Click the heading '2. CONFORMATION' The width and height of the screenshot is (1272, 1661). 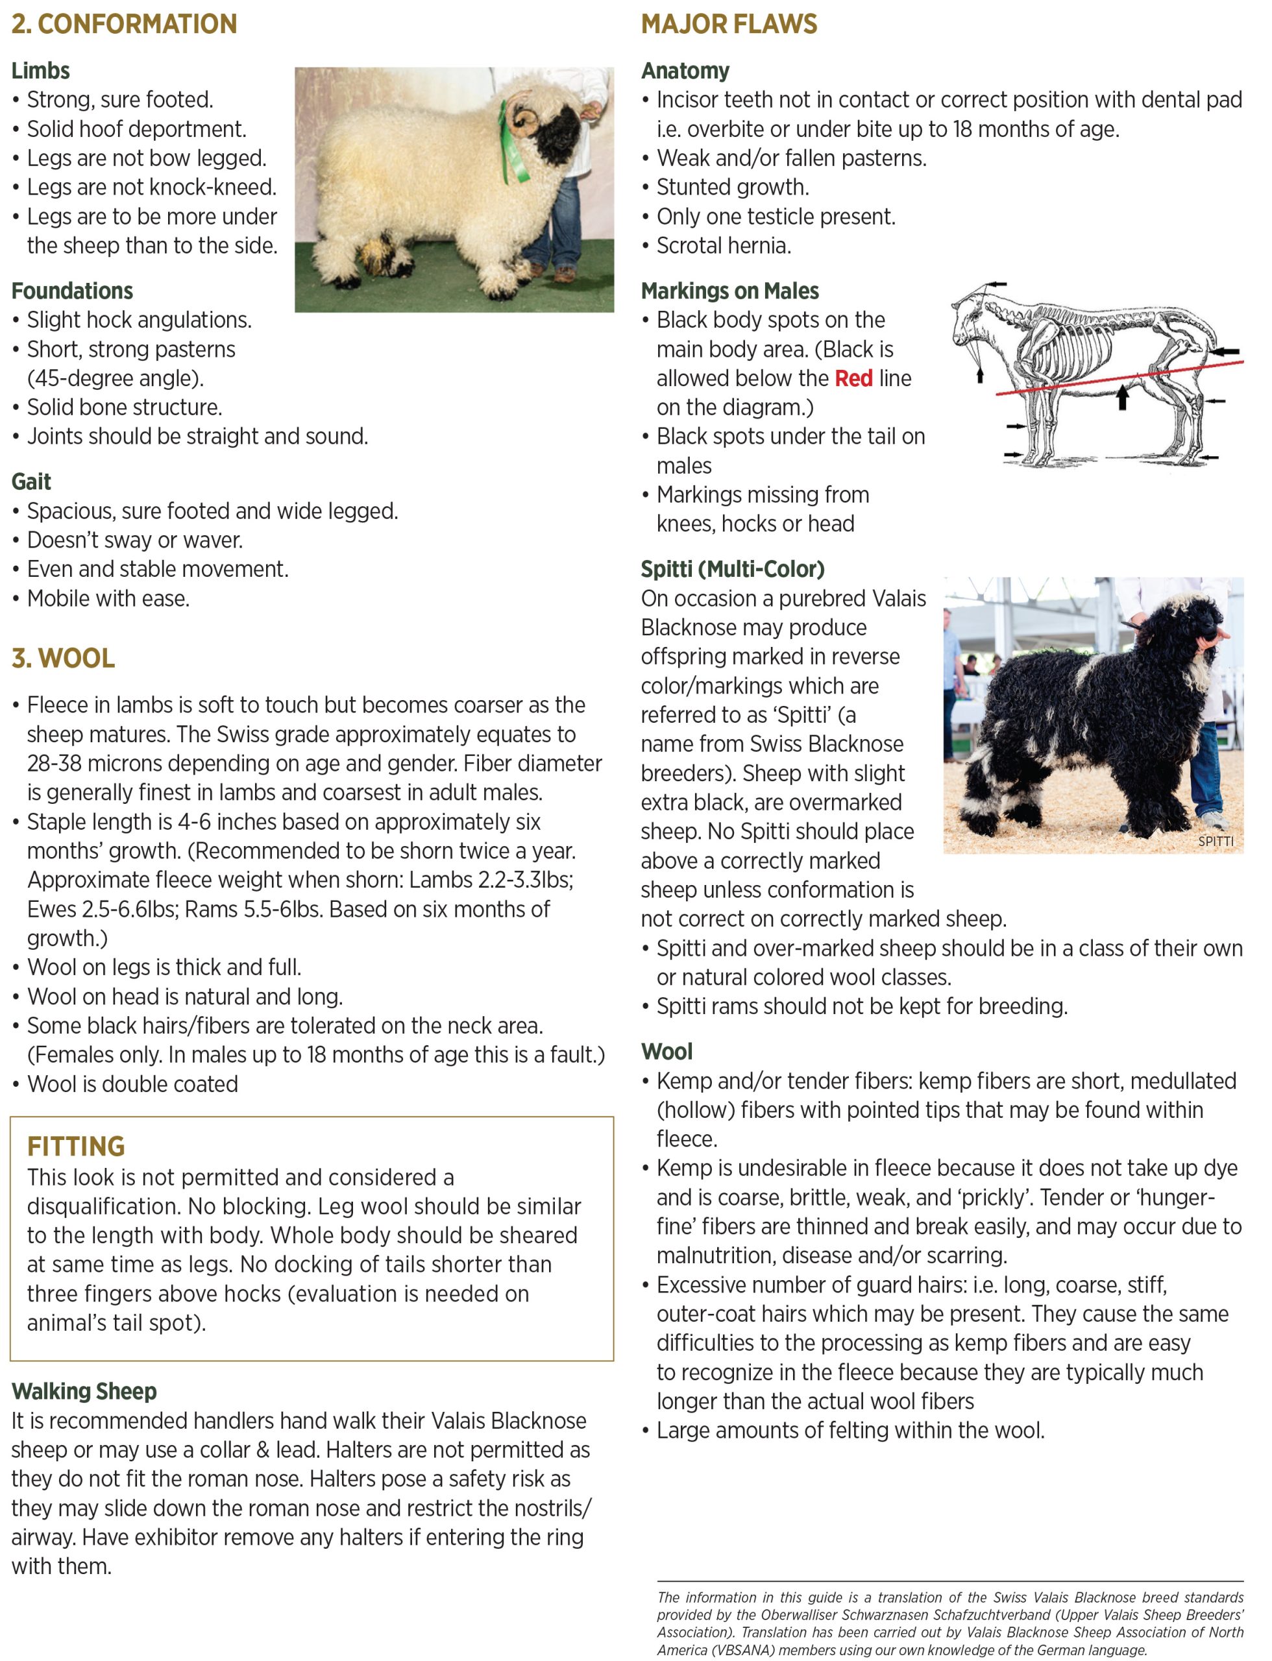124,24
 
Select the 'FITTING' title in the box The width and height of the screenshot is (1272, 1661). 76,1146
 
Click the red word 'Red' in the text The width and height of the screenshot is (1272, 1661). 853,378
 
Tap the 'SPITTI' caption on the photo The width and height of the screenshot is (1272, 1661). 1215,841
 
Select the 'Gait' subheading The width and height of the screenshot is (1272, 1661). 31,482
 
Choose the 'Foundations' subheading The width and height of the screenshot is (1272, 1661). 72,291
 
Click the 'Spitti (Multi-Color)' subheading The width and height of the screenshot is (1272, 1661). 732,569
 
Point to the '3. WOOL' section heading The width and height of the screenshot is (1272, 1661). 63,659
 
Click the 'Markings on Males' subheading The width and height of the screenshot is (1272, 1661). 730,291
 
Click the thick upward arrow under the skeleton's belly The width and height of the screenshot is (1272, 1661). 1123,398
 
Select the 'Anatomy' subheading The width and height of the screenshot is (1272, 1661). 685,71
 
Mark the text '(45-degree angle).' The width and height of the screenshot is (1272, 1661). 115,378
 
